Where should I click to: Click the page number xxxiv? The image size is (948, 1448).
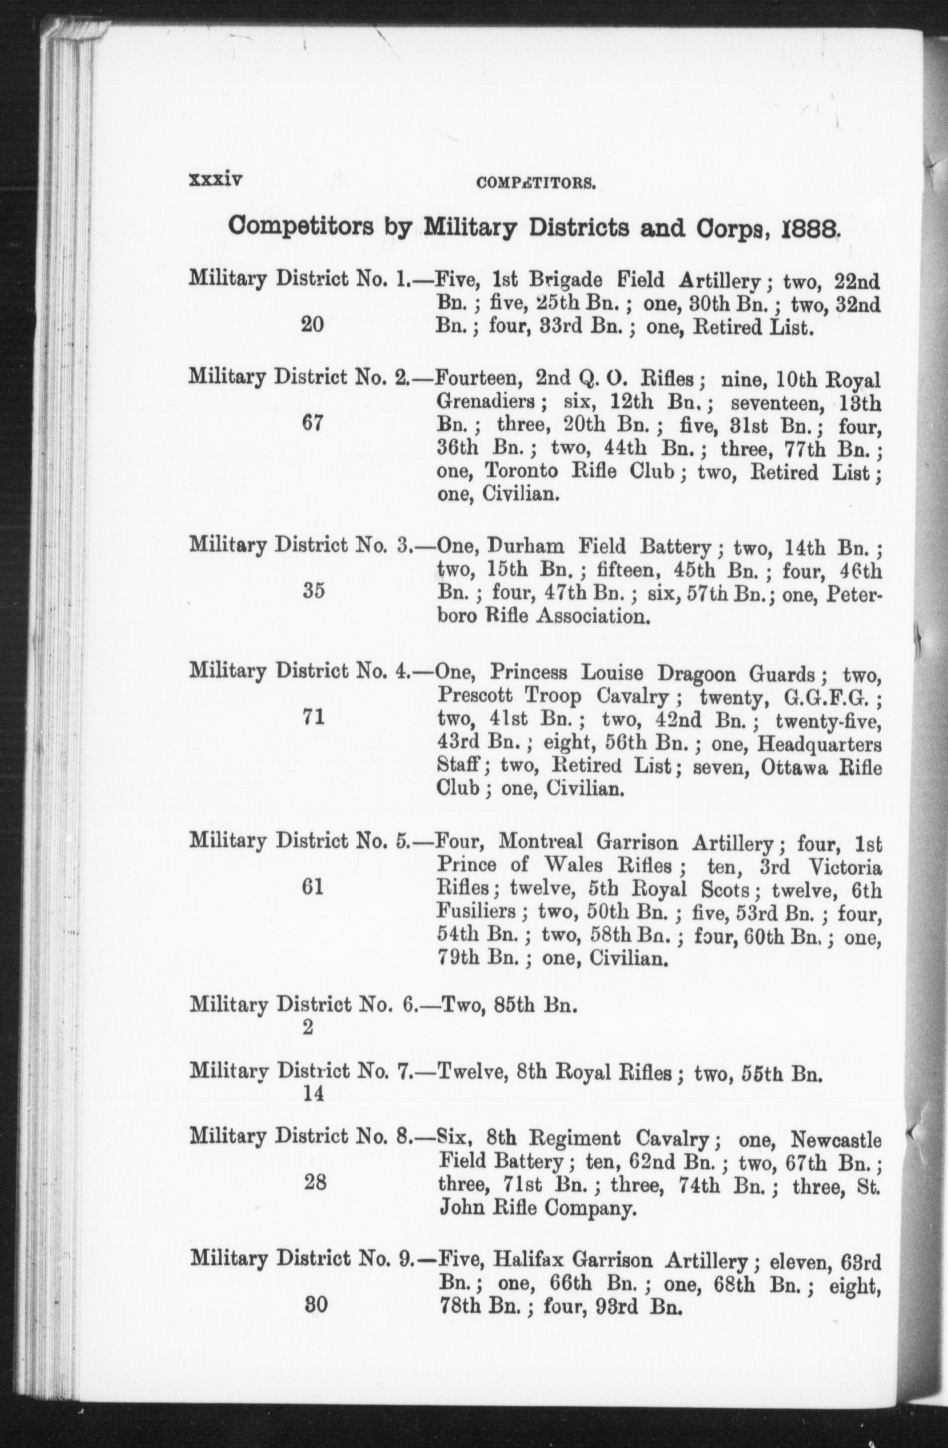click(x=216, y=180)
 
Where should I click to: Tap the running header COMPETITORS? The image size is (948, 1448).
click(x=535, y=183)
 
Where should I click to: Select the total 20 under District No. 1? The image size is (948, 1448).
click(x=312, y=325)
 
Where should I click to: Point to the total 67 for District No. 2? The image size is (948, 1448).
click(x=312, y=423)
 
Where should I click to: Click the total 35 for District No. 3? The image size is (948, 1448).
click(x=314, y=591)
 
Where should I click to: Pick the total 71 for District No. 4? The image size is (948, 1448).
click(x=313, y=718)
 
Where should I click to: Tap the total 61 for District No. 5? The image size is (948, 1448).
click(x=312, y=887)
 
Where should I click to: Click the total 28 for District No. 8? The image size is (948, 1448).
click(x=314, y=1182)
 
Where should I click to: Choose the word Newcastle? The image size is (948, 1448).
click(x=836, y=1138)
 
